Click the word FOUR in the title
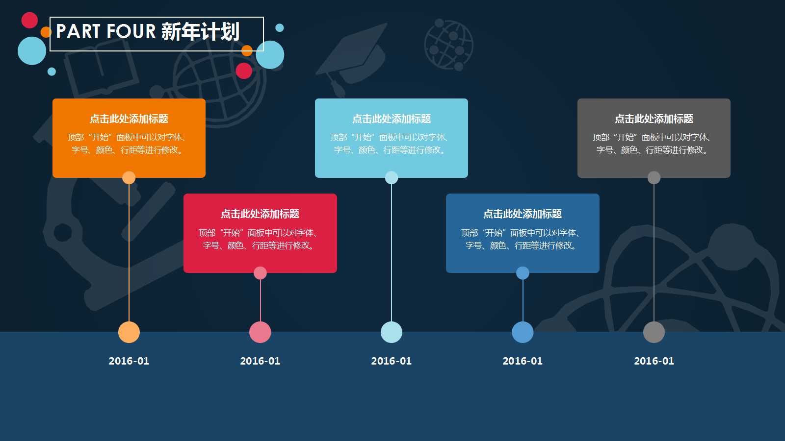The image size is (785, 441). coord(131,32)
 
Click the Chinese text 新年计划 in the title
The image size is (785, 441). coord(200,32)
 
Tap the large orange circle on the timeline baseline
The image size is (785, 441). coord(129,332)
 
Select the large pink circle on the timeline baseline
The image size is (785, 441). coord(260,332)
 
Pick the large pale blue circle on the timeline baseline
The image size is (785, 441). coord(392,332)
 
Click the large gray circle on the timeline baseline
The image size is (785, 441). coord(654,332)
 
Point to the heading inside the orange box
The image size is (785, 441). coord(129,119)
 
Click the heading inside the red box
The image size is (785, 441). coord(260,214)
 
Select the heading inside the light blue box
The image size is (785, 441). coord(392,119)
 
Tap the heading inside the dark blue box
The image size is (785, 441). coord(523,214)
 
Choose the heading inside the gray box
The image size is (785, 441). coord(654,119)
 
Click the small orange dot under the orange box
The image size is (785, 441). coord(129,177)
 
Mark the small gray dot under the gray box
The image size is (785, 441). coord(654,177)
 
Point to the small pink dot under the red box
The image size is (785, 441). coord(260,273)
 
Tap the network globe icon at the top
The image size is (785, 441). coord(448,45)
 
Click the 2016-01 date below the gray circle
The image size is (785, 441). coord(654,361)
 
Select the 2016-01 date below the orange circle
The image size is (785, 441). coord(129,361)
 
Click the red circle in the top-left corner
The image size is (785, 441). coord(29,20)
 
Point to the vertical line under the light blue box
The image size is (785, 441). coord(392,250)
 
